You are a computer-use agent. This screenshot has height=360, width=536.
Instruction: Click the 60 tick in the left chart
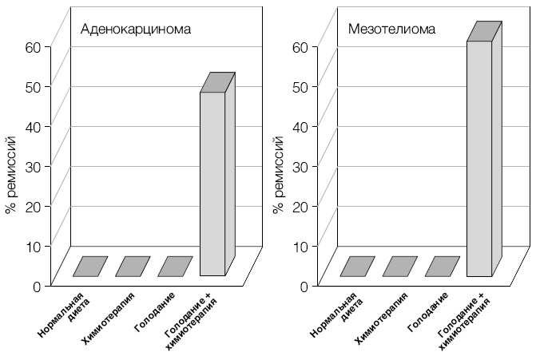tap(32, 46)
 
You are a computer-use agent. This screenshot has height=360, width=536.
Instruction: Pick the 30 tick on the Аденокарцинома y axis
tap(32, 166)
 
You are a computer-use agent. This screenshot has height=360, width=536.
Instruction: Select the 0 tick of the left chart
tap(36, 286)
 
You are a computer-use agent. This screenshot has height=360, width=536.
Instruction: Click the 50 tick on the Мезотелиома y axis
tap(299, 86)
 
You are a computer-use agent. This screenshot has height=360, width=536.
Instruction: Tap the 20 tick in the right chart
tap(299, 206)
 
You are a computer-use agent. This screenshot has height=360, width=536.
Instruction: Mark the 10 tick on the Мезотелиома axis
tap(299, 246)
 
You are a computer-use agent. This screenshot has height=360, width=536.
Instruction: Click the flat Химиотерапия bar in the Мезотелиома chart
tap(399, 267)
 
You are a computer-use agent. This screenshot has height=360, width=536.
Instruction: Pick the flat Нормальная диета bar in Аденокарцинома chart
tap(90, 267)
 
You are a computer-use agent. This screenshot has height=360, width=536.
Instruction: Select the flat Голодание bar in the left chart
tap(175, 267)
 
